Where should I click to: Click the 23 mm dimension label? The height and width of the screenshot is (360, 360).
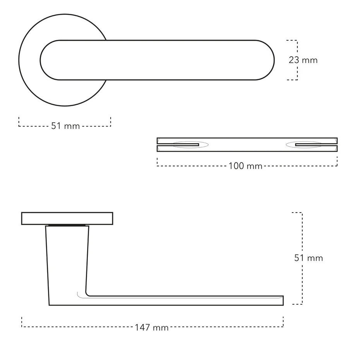coord(303,60)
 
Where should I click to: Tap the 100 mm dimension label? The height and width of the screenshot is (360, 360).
coord(245,166)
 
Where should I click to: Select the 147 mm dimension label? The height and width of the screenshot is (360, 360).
coord(151,327)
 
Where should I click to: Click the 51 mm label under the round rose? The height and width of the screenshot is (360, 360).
coord(65,126)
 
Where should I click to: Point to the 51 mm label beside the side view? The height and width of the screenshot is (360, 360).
coord(309,258)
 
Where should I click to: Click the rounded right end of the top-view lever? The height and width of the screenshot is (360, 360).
coord(274,60)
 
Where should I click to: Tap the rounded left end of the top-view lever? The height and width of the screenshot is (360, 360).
coord(40,60)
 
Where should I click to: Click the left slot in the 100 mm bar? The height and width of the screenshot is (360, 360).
coord(178,145)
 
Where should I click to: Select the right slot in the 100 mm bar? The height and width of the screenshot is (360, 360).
coord(316,145)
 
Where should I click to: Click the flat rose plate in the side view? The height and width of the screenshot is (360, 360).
coord(67,218)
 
